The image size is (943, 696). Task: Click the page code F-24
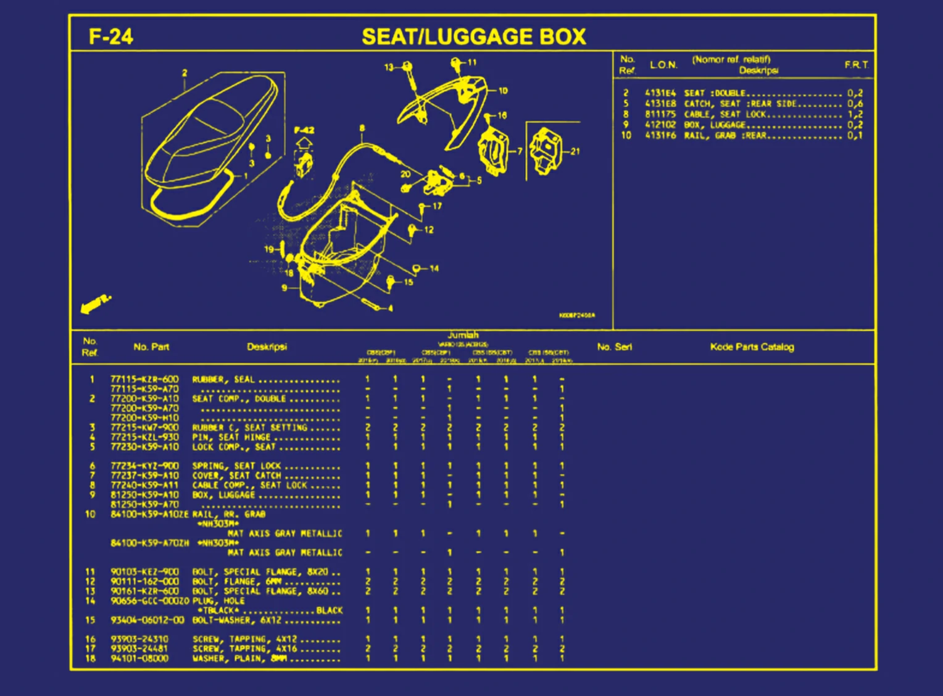coord(111,36)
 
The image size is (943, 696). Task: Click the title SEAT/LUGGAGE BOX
coord(473,37)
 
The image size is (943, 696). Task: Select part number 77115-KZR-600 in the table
coord(144,379)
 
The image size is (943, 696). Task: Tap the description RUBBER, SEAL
coord(223,379)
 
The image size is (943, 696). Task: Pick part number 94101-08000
coord(139,658)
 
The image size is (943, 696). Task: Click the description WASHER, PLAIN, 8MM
coord(239,658)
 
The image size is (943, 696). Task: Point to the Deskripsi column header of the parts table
coord(267,347)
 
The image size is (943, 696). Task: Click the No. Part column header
coord(151,347)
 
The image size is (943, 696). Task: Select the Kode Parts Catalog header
coord(752,347)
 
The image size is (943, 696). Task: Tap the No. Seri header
coord(614,347)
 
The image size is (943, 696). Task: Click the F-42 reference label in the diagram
coord(304,130)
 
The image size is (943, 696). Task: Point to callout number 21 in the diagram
coord(575,151)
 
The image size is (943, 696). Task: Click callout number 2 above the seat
coord(184,73)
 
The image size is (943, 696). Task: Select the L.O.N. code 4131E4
coord(660,93)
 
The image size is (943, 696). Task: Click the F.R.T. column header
coord(856,65)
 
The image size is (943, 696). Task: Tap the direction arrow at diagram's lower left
coord(96,304)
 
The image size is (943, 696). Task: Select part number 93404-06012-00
coord(147,620)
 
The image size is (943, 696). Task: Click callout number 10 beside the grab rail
coord(503,91)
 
